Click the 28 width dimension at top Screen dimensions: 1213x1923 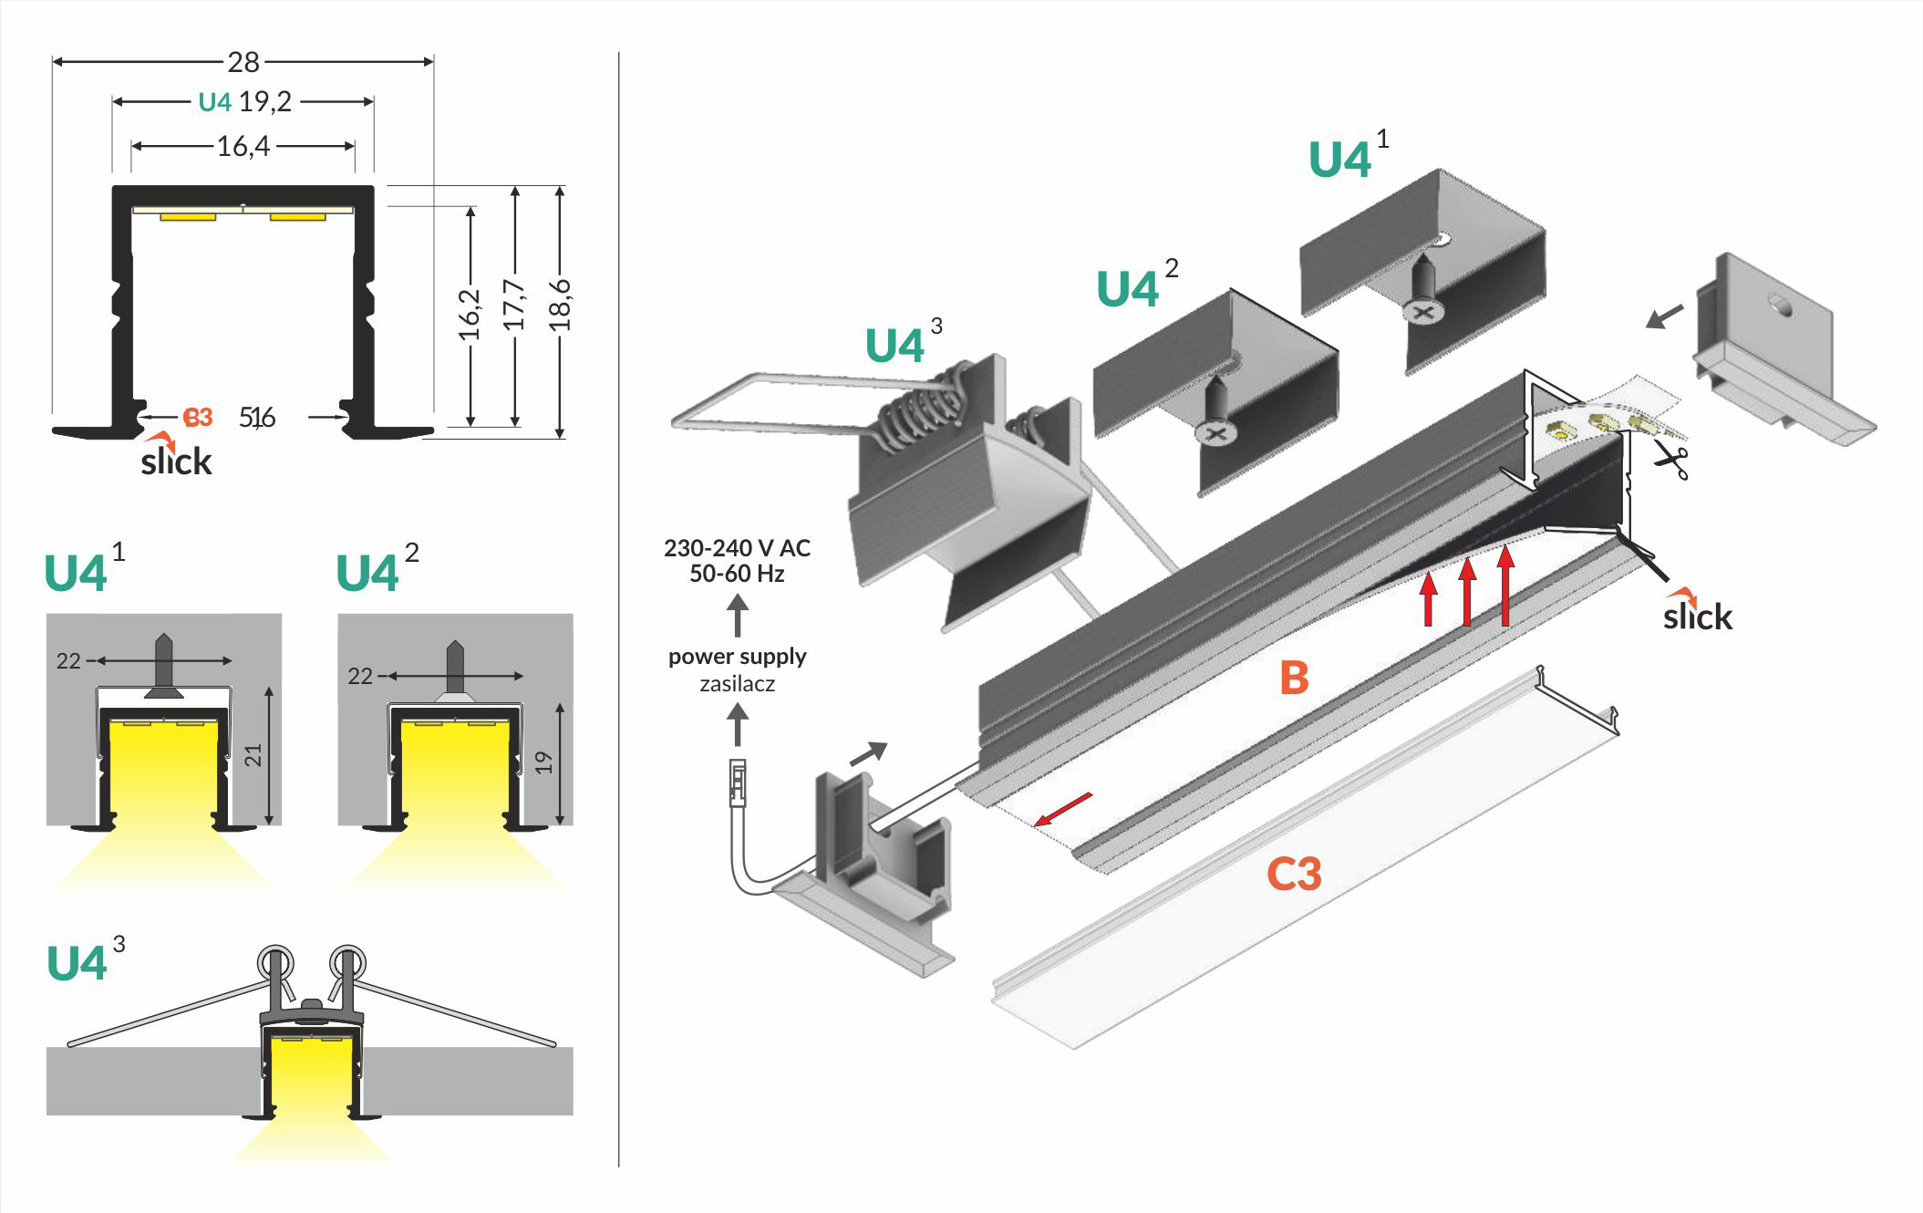coord(243,62)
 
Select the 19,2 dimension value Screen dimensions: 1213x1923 coord(265,101)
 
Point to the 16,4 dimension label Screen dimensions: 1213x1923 coord(243,146)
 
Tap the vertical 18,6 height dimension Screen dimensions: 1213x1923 coord(561,305)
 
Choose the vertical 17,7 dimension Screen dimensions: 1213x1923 coord(515,305)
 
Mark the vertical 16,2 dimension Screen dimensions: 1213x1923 coord(470,314)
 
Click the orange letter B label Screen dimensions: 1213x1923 coord(1294,678)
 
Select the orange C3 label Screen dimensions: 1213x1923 coord(1293,874)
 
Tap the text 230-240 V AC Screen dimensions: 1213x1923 coord(737,548)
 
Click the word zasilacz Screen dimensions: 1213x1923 coord(737,684)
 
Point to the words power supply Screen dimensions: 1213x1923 coord(737,657)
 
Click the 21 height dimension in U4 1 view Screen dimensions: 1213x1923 coord(254,755)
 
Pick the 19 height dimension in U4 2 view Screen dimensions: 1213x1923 coord(544,762)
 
